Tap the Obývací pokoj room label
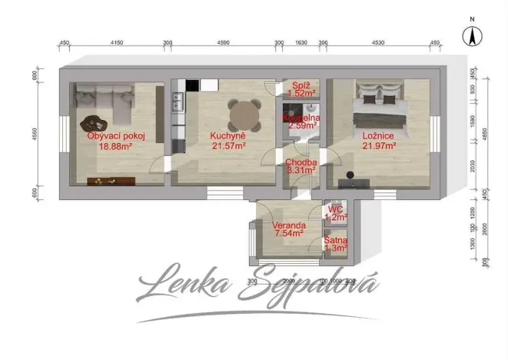116,136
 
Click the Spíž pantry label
300,86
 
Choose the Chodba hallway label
300,162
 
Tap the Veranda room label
289,225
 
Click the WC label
334,208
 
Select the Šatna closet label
334,240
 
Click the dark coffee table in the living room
94,123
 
